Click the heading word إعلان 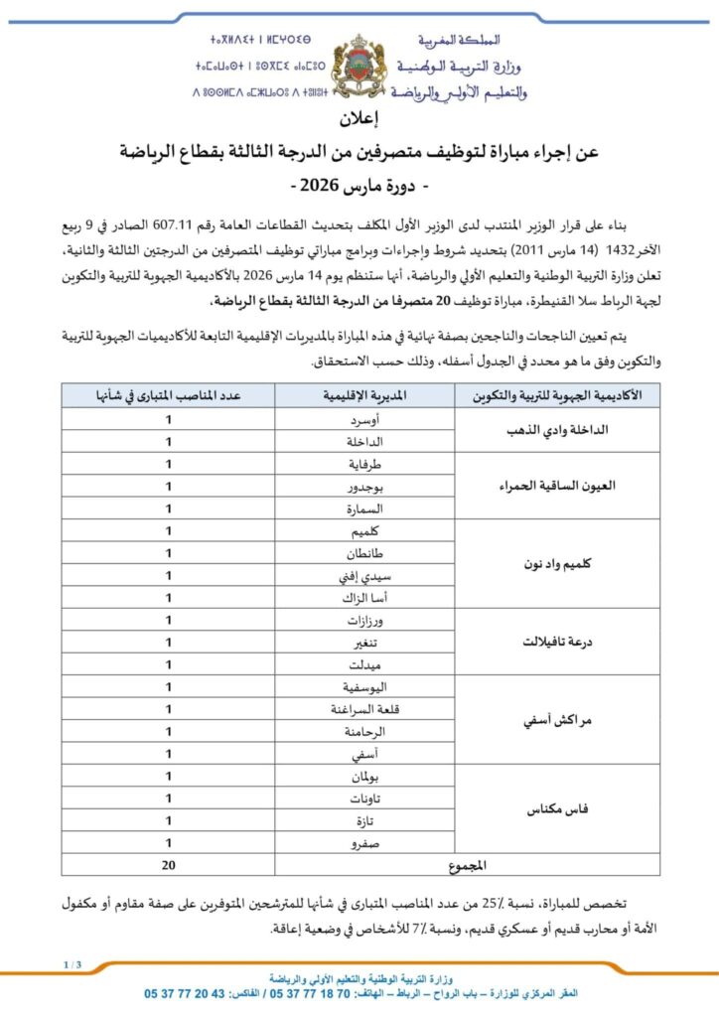(360, 123)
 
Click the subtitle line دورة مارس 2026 (360, 186)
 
